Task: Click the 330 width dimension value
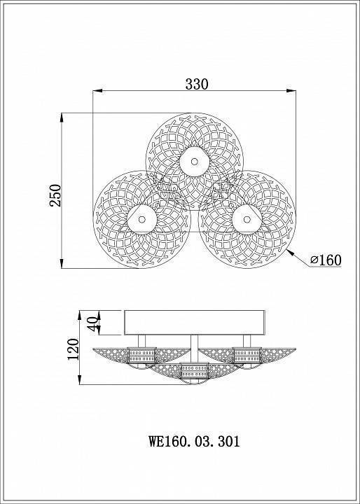coord(197,84)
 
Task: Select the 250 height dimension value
coord(55,195)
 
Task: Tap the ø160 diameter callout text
coord(326,260)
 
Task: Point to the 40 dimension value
coord(92,324)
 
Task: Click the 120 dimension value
coord(73,349)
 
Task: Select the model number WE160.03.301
coord(194,441)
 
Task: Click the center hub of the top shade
coord(194,162)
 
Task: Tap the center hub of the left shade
coord(142,220)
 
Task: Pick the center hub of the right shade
coord(247,220)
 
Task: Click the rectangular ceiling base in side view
coord(195,323)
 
